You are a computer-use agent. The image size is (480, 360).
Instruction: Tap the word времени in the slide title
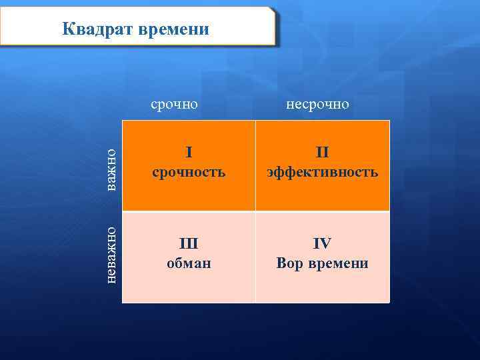pos(175,29)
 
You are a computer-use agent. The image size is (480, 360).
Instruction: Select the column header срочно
pos(175,105)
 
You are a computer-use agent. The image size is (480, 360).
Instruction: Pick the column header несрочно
pos(317,105)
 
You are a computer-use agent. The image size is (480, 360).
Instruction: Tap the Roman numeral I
pos(189,153)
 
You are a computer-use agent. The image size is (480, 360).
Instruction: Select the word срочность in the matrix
pos(189,172)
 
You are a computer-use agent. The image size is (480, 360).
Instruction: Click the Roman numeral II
pos(323,153)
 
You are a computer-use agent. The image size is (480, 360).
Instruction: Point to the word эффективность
pos(323,172)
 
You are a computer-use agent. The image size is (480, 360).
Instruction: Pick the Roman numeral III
pos(189,243)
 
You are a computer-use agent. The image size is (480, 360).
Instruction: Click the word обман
pos(189,263)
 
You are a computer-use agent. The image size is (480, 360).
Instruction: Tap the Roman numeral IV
pos(323,243)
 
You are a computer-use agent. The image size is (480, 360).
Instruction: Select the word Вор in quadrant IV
pos(290,263)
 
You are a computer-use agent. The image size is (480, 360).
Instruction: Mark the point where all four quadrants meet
pos(255,212)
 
